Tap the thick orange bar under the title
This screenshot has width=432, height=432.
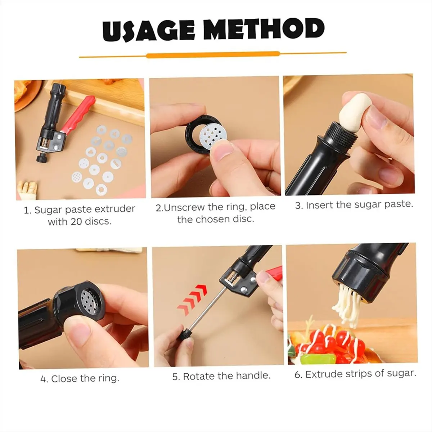(213, 55)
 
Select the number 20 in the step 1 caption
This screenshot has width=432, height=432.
(76, 221)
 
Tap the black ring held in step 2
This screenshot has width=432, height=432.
(193, 137)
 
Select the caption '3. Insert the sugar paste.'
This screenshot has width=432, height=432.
(354, 205)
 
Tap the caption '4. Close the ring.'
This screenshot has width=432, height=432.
(80, 378)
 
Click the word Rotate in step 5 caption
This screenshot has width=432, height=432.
(198, 376)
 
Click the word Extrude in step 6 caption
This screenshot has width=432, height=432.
(324, 374)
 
